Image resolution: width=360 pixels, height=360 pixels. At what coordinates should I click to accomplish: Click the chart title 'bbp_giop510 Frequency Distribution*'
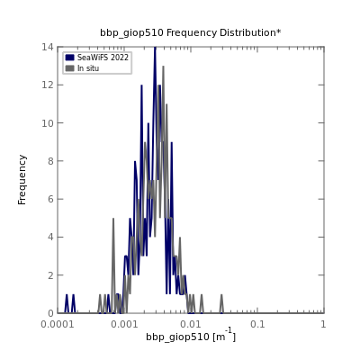point(191,32)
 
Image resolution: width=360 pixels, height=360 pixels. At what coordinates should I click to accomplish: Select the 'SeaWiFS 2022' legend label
point(103,58)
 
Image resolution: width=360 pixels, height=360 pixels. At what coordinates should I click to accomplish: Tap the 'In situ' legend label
point(88,68)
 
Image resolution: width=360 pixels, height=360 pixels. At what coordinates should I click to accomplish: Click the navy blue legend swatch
point(70,58)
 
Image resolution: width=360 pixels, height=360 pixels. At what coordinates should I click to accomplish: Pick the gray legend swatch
point(70,68)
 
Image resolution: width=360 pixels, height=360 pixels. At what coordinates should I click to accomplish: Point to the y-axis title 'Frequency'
point(22,180)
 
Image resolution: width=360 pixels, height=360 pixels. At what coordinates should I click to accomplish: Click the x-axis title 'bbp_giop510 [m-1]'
point(191,336)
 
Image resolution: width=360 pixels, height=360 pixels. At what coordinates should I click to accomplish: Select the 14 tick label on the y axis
point(48,47)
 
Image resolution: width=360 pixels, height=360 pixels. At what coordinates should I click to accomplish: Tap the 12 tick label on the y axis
point(48,85)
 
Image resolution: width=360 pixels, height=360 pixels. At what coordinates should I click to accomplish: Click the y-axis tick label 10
point(48,123)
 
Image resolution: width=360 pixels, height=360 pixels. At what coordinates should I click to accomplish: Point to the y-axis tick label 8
point(51,161)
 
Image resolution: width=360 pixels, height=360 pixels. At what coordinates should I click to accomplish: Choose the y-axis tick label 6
point(51,199)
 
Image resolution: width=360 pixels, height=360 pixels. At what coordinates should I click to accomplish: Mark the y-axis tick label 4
point(51,237)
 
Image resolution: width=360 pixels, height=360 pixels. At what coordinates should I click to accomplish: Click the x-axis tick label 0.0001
point(58,324)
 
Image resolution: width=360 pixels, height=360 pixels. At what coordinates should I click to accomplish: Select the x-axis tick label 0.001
point(124,324)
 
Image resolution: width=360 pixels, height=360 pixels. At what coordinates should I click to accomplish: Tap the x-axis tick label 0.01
point(191,324)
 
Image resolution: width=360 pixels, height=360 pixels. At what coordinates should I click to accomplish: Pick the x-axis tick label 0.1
point(257,324)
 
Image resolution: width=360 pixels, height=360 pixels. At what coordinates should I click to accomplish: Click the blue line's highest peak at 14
point(155,48)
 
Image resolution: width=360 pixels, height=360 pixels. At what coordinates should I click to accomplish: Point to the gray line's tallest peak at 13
point(163,67)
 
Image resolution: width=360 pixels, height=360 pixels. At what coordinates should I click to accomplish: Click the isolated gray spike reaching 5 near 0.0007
point(113,219)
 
